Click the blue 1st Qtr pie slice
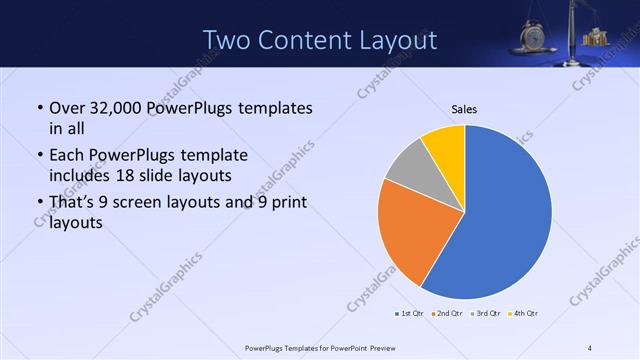(x=510, y=215)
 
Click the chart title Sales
(x=464, y=108)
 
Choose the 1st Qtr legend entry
(x=409, y=314)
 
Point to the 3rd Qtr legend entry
(x=484, y=314)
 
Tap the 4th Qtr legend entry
(x=523, y=314)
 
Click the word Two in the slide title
(x=227, y=40)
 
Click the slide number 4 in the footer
(x=590, y=347)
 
